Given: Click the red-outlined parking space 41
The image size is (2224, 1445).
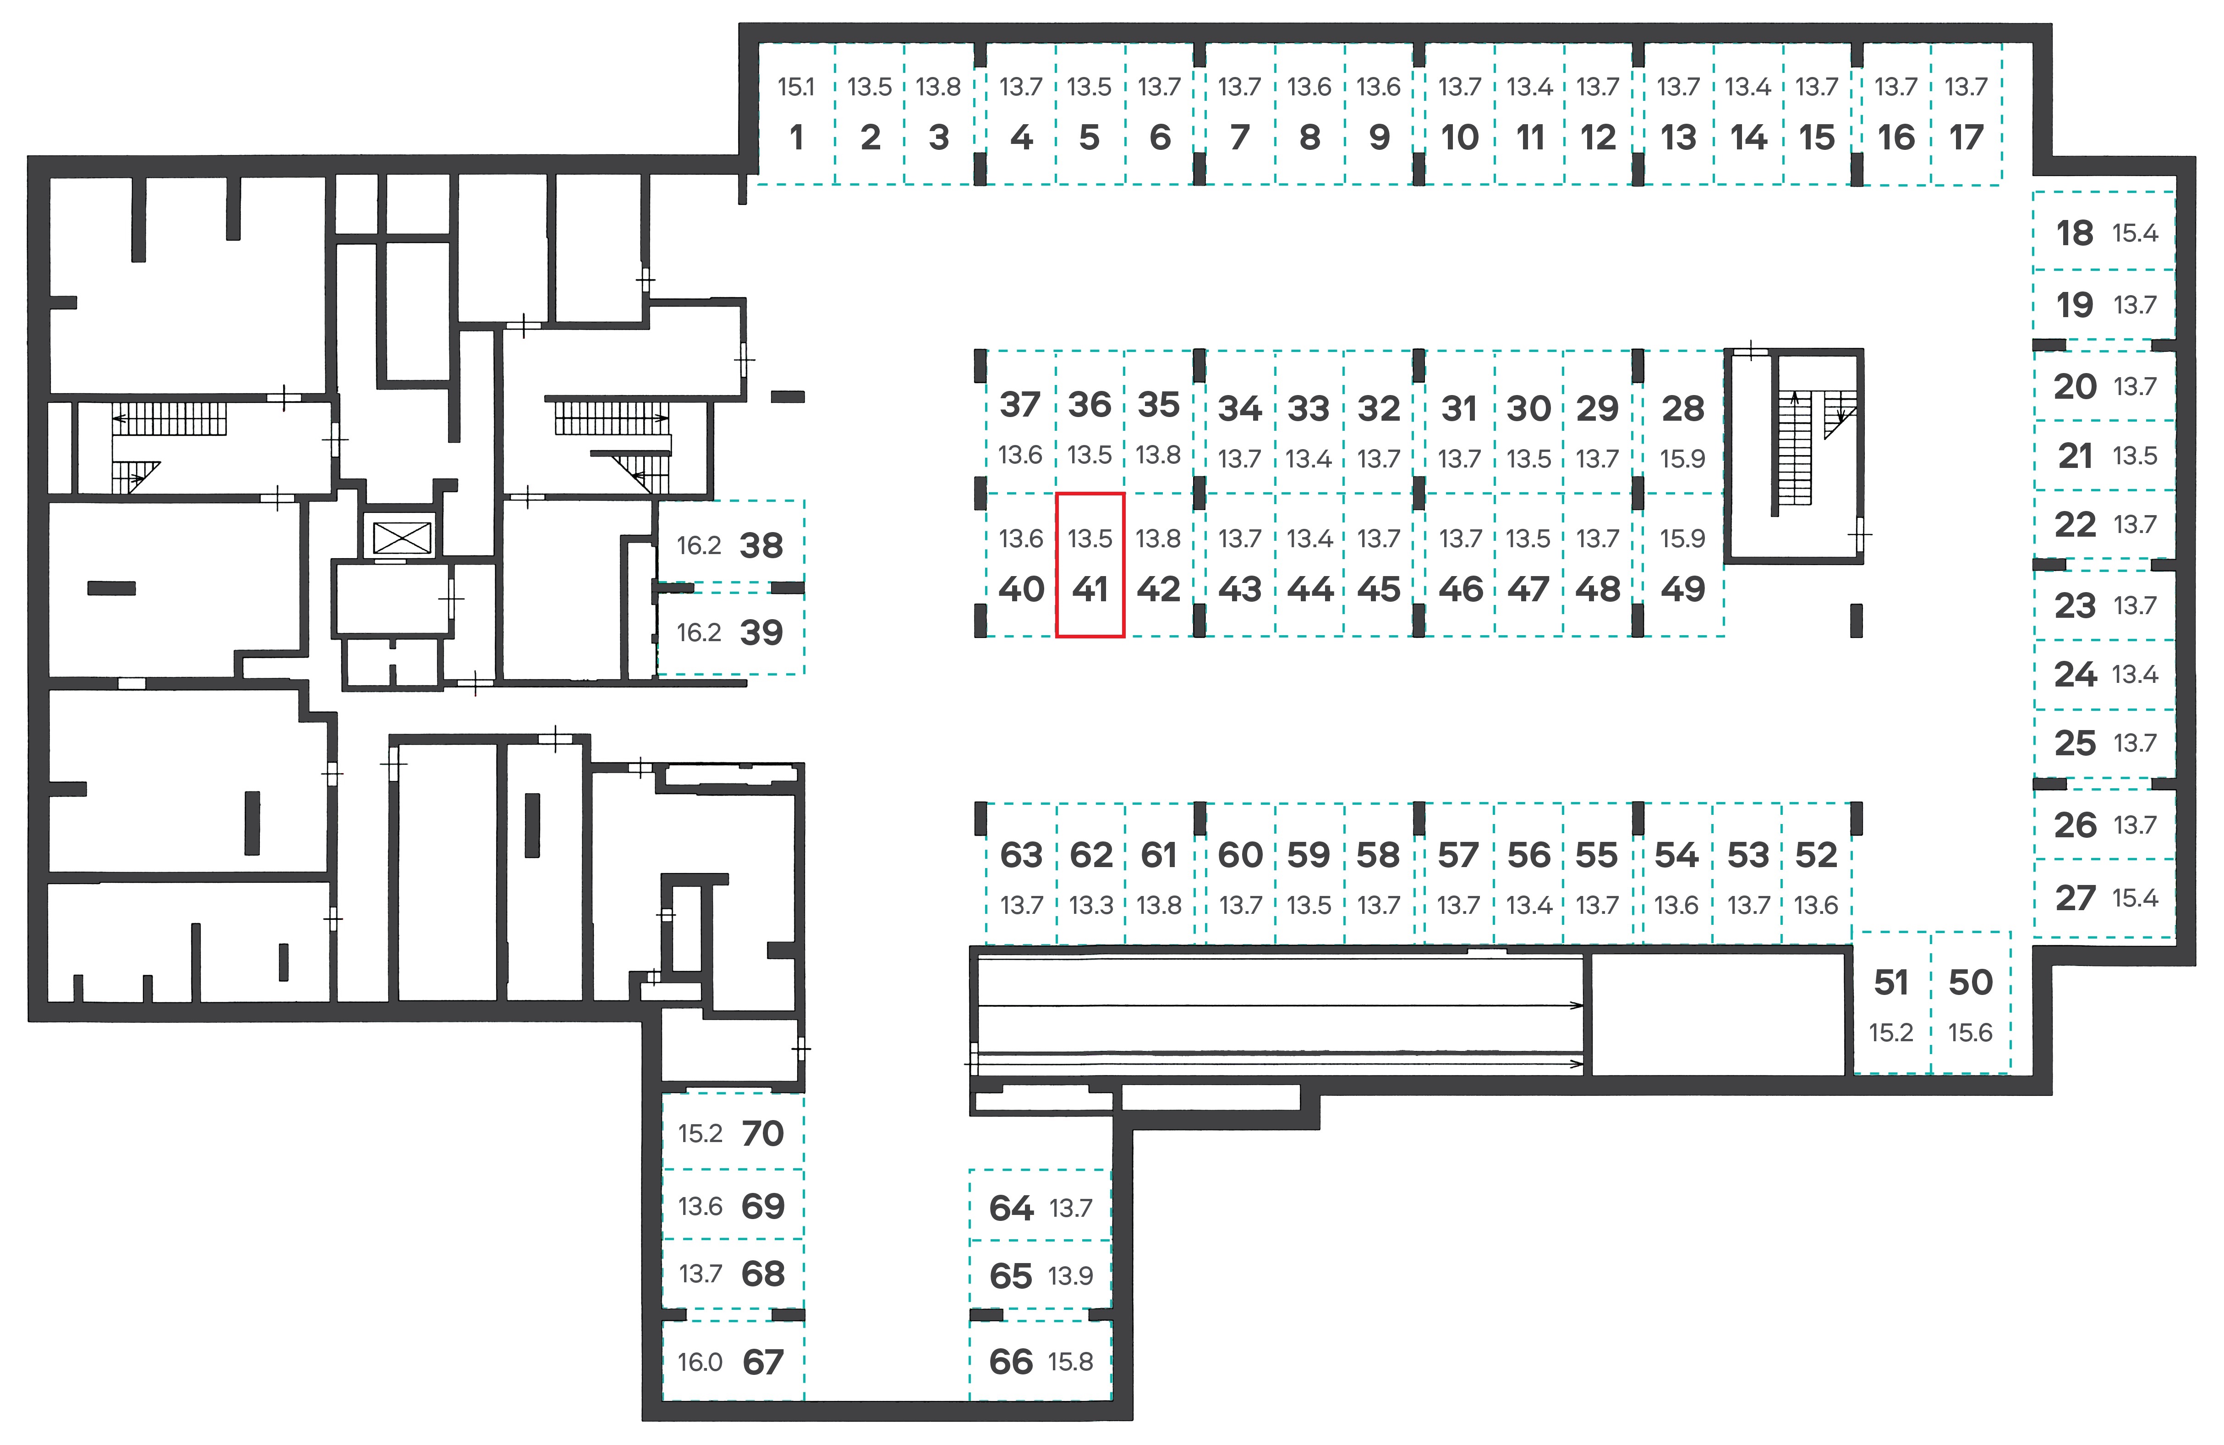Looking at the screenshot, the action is pyautogui.click(x=1090, y=565).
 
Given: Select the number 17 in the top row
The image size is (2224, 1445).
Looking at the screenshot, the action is pyautogui.click(x=1966, y=137).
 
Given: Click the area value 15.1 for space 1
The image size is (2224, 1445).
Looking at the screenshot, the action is pyautogui.click(x=796, y=87).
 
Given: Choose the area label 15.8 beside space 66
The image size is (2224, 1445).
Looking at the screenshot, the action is pyautogui.click(x=1070, y=1362).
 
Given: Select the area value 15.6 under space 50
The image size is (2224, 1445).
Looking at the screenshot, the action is pyautogui.click(x=1970, y=1033).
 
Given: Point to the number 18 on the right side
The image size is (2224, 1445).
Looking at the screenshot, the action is pyautogui.click(x=2075, y=233).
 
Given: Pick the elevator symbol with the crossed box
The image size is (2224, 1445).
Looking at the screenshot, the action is pyautogui.click(x=402, y=538).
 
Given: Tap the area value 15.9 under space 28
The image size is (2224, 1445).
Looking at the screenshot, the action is pyautogui.click(x=1682, y=459).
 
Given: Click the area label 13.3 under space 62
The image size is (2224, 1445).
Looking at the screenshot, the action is pyautogui.click(x=1090, y=906).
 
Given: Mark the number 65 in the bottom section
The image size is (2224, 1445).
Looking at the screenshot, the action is pyautogui.click(x=1010, y=1276).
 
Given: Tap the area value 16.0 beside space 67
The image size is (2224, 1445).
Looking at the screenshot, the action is pyautogui.click(x=700, y=1362).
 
